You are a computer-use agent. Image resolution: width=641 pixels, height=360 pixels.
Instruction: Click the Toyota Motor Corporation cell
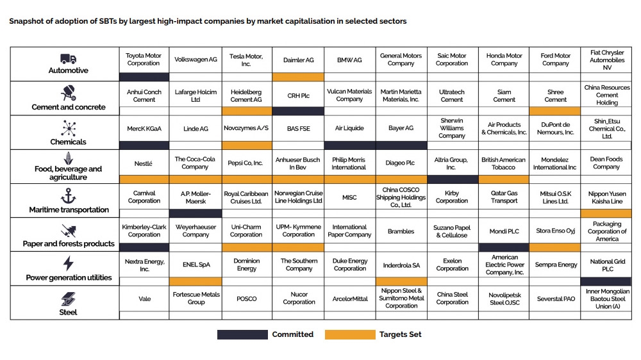pyautogui.click(x=144, y=60)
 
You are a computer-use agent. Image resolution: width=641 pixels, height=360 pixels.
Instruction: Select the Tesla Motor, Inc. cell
pyautogui.click(x=246, y=60)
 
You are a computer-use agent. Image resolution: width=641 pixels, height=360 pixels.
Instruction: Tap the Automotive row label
pyautogui.click(x=69, y=70)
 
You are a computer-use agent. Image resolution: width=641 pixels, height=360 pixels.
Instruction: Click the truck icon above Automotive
pyautogui.click(x=69, y=59)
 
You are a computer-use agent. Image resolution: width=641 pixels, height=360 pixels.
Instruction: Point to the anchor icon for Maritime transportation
pyautogui.click(x=69, y=196)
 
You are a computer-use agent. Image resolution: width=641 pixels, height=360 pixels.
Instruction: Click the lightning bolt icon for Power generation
pyautogui.click(x=69, y=264)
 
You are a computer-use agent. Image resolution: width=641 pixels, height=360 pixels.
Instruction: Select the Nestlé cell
pyautogui.click(x=144, y=163)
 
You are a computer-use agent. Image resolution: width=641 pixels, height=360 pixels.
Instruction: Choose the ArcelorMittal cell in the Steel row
pyautogui.click(x=350, y=299)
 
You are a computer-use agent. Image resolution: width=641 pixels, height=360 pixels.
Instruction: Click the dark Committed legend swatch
pyautogui.click(x=242, y=334)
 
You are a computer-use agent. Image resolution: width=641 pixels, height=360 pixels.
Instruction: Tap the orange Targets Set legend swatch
pyautogui.click(x=350, y=334)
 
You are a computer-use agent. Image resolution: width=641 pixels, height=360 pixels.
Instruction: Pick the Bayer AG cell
pyautogui.click(x=401, y=129)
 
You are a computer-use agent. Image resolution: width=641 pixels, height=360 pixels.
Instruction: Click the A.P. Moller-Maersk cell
pyautogui.click(x=196, y=197)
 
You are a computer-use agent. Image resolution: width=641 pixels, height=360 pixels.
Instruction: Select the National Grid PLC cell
pyautogui.click(x=606, y=265)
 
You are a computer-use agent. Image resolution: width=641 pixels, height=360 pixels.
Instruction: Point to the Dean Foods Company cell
pyautogui.click(x=606, y=163)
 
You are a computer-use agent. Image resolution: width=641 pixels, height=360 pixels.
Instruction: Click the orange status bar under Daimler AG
pyautogui.click(x=298, y=77)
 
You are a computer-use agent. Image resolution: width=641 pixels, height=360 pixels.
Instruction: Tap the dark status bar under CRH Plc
pyautogui.click(x=298, y=111)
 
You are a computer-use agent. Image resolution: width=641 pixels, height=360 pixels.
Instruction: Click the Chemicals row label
pyautogui.click(x=69, y=142)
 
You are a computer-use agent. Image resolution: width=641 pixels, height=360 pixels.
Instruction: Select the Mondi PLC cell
pyautogui.click(x=504, y=231)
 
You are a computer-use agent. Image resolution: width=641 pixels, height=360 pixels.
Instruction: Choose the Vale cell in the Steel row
pyautogui.click(x=144, y=299)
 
